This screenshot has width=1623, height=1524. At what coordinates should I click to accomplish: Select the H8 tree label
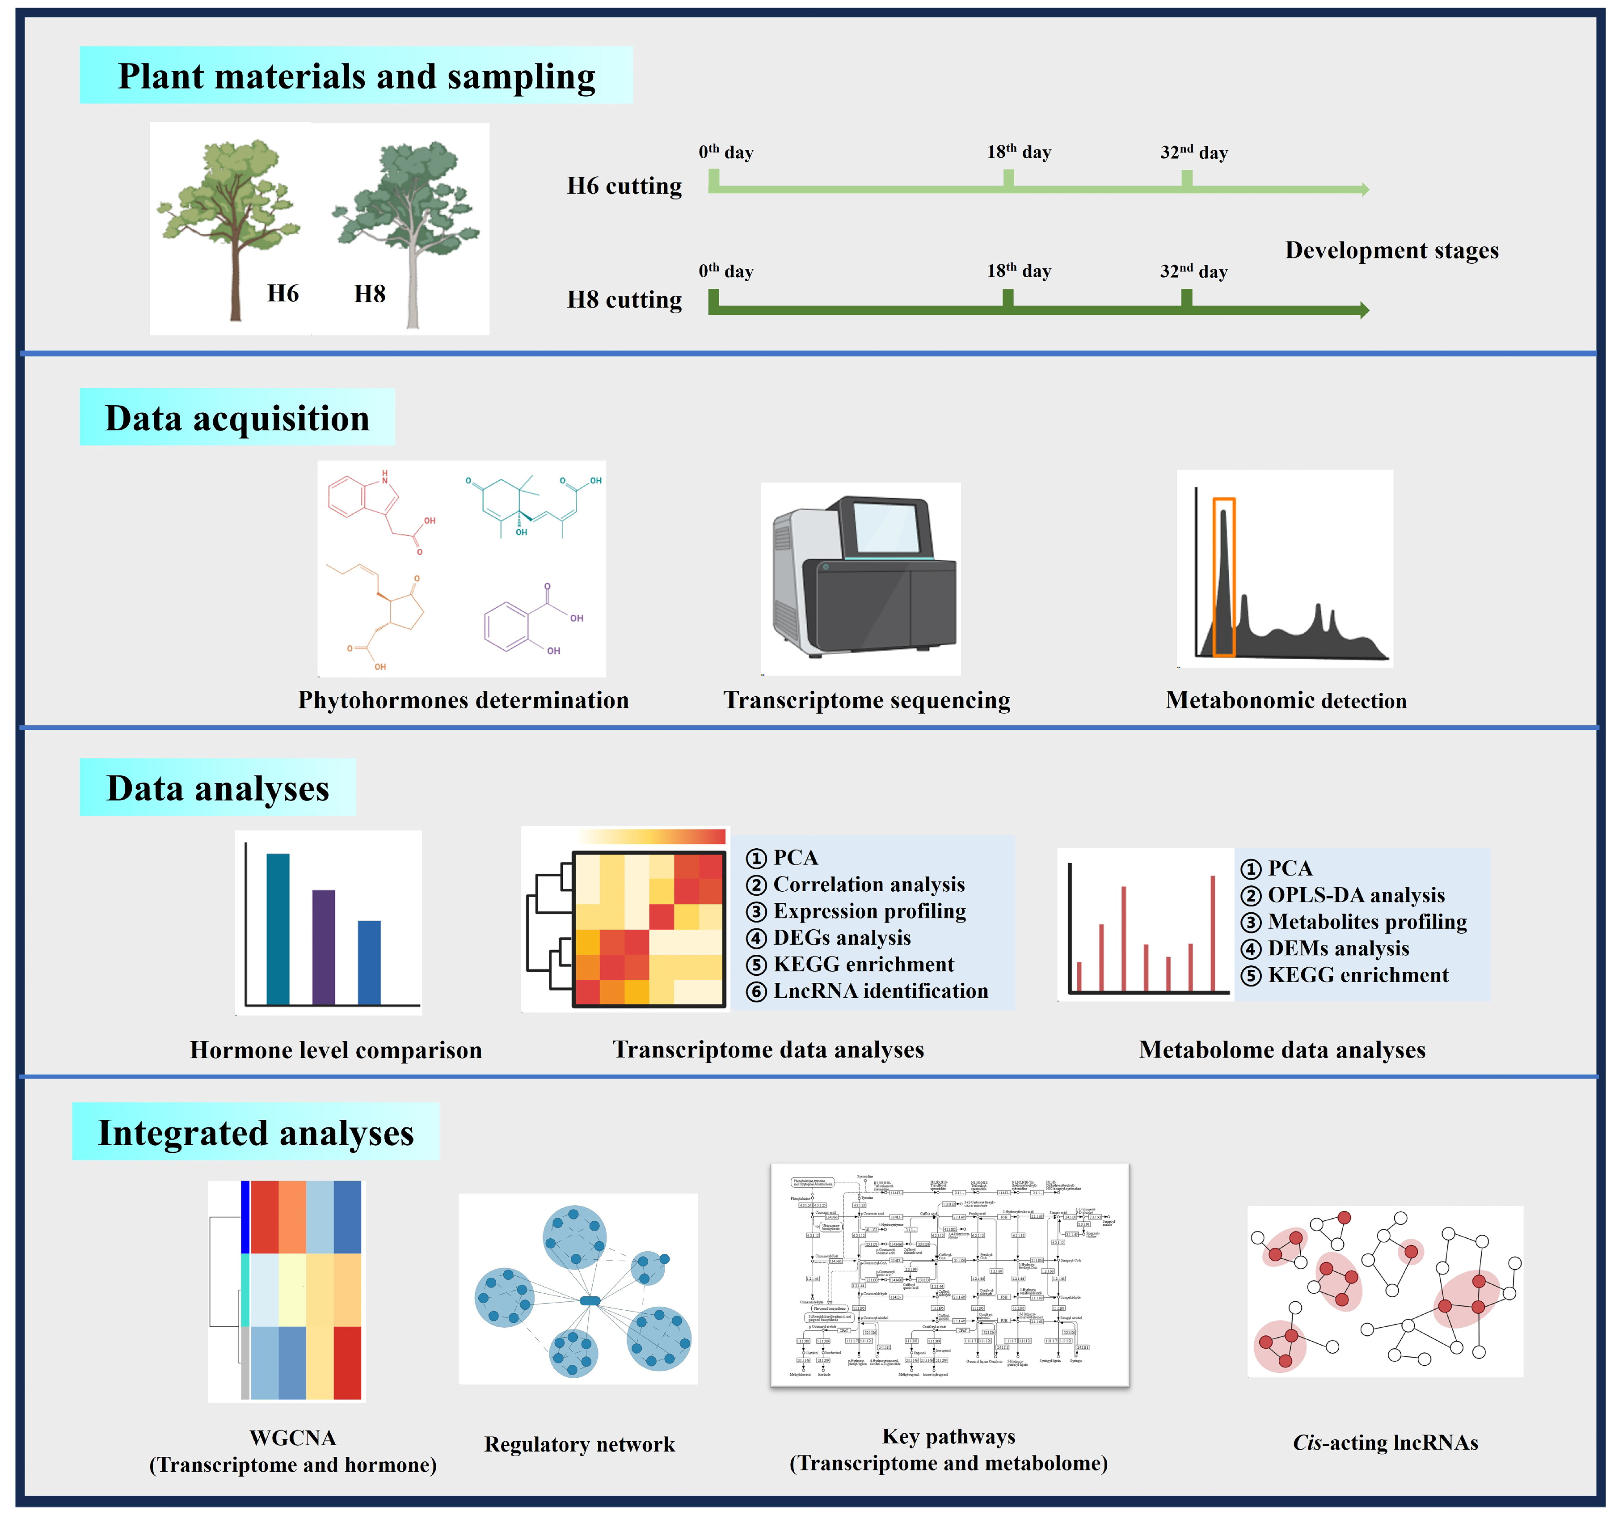coord(369,293)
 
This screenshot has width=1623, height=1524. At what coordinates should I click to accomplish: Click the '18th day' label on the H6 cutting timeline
coord(1018,152)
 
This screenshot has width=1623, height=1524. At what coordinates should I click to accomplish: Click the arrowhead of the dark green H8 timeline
coord(1364,310)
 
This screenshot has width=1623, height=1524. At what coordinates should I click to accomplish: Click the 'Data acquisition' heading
coord(237,418)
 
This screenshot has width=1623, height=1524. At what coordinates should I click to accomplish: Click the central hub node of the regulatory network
coord(590,1300)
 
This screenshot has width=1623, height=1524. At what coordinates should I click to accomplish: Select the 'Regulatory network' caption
coord(580,1445)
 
